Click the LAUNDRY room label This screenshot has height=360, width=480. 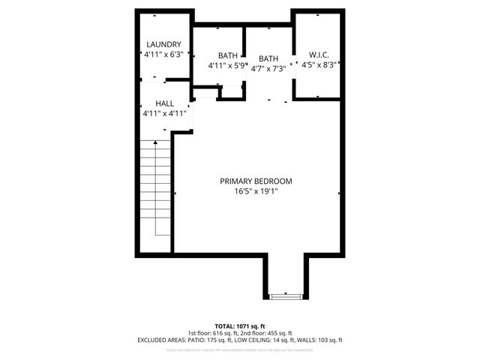[163, 44]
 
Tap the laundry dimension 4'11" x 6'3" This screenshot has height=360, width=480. [163, 55]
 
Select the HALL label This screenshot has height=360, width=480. [164, 103]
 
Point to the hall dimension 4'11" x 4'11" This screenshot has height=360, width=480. [164, 114]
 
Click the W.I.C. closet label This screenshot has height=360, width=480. [319, 55]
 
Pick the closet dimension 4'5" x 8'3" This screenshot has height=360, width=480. [319, 65]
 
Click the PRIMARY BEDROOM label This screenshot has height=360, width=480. [256, 181]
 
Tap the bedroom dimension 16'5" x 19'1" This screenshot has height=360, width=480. [256, 192]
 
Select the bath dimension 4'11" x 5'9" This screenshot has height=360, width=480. [227, 66]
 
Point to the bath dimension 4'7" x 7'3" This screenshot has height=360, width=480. [268, 69]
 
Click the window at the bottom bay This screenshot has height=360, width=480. [286, 296]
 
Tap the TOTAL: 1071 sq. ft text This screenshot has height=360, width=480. [240, 326]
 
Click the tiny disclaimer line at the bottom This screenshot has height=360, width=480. [240, 349]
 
